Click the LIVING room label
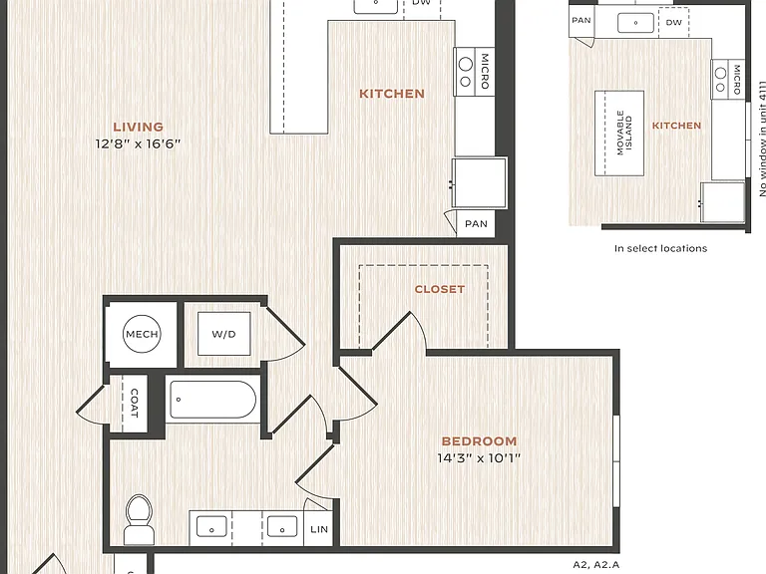point(139,127)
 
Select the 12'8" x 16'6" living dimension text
point(139,143)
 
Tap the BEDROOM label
point(479,441)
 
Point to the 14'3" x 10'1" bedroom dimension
point(479,457)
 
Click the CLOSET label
point(440,289)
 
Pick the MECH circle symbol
point(142,334)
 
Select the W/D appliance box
point(223,334)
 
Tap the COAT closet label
point(135,404)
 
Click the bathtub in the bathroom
point(212,400)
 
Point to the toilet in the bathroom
point(139,519)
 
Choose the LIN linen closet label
point(319,529)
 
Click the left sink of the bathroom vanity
point(211,527)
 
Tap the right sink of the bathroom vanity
point(282,527)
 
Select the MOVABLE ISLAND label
point(624,133)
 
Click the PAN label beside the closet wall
point(476,223)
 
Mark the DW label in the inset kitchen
point(673,22)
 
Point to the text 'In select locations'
point(660,248)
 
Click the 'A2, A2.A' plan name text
point(596,565)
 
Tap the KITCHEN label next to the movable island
point(676,126)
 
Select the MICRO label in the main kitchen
point(485,72)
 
